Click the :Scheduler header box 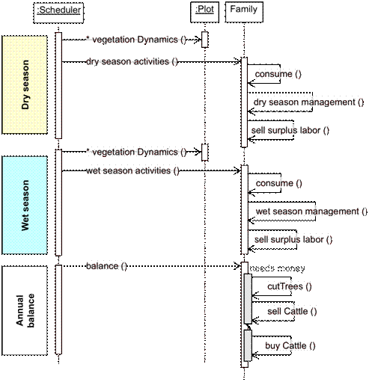58,11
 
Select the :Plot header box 204,10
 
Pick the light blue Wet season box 25,205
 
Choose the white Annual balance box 25,310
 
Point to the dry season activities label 132,61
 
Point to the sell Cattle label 291,310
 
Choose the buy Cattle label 290,345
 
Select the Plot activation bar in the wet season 204,153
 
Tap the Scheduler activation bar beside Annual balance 58,309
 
